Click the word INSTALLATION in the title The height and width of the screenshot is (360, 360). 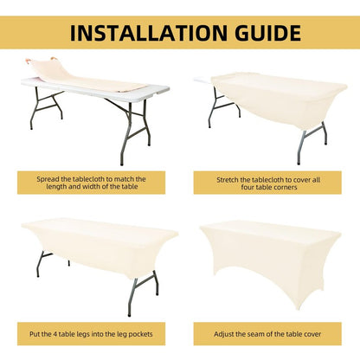pyautogui.click(x=149, y=33)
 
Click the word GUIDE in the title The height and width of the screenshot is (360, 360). pyautogui.click(x=268, y=33)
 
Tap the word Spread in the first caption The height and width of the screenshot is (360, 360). pyautogui.click(x=47, y=179)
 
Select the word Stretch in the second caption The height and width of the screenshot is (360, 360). pyautogui.click(x=228, y=180)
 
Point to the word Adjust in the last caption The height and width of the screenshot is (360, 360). pyautogui.click(x=223, y=334)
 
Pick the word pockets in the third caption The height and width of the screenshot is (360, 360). pyautogui.click(x=140, y=334)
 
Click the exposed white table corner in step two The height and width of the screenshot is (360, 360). pyautogui.click(x=203, y=80)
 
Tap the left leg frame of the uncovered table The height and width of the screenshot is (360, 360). pyautogui.click(x=46, y=106)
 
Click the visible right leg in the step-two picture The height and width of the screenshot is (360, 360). pyautogui.click(x=312, y=143)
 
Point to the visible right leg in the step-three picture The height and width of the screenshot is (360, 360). pyautogui.click(x=144, y=293)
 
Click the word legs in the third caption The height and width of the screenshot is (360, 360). pyautogui.click(x=83, y=334)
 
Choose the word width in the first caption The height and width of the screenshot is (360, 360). pyautogui.click(x=91, y=187)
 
